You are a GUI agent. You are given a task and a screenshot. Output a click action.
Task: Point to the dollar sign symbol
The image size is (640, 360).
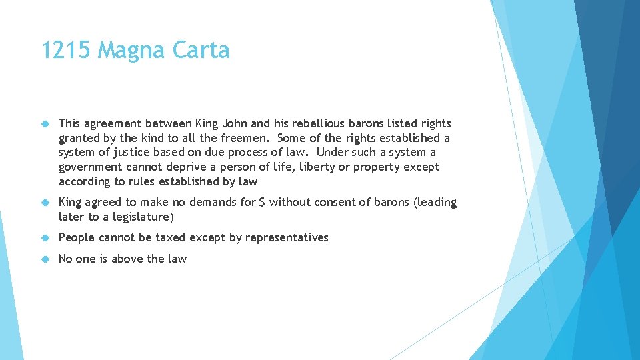pyautogui.click(x=262, y=202)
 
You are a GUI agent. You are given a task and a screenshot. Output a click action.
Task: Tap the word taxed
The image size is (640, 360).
pyautogui.click(x=189, y=237)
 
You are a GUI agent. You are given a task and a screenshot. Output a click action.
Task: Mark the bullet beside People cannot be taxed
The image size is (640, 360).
pyautogui.click(x=46, y=238)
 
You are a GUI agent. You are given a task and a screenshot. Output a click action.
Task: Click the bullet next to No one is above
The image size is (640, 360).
pyautogui.click(x=46, y=259)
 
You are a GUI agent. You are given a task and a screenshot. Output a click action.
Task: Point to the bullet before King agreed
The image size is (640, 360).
pyautogui.click(x=46, y=203)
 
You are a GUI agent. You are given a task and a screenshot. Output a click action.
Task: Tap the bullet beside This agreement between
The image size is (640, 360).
pyautogui.click(x=46, y=124)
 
